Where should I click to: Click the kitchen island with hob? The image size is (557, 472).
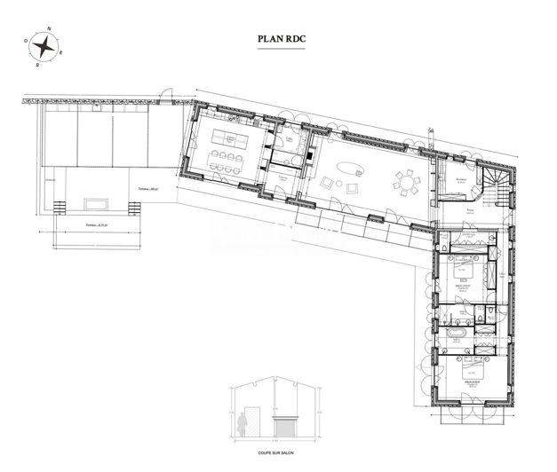pos(229,139)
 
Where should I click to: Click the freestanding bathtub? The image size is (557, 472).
pos(454,334)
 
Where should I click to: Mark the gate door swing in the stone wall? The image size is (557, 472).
pos(166,91)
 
